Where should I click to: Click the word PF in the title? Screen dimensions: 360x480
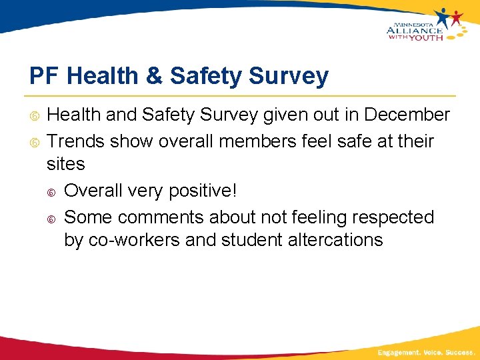44,76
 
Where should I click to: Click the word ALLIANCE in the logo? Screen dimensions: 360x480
414,29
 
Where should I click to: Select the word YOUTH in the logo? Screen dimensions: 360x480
425,37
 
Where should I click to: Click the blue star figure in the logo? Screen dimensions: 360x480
443,16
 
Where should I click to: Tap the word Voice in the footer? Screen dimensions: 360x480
432,351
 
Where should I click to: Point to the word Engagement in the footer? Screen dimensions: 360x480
399,351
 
